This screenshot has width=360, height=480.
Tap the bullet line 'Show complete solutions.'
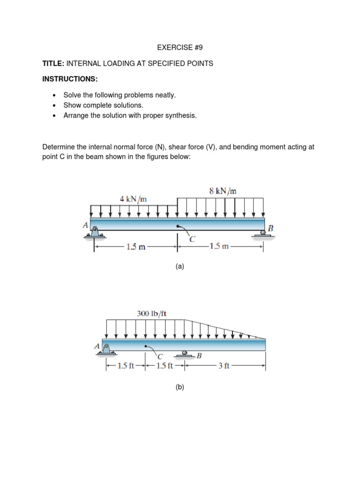(103, 105)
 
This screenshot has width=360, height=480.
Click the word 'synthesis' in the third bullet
(180, 115)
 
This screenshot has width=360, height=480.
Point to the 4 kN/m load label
(133, 198)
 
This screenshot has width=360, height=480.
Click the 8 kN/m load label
(223, 190)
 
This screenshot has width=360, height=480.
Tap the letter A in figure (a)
(85, 225)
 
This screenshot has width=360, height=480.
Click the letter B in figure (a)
(270, 228)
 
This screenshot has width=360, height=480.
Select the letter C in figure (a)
(192, 240)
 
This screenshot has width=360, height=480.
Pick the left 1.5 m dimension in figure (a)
(135, 247)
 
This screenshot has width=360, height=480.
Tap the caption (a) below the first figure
(180, 267)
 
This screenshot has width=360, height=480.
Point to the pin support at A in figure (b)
(106, 350)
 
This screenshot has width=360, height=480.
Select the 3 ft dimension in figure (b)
(224, 367)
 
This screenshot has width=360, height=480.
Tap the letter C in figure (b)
(160, 356)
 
